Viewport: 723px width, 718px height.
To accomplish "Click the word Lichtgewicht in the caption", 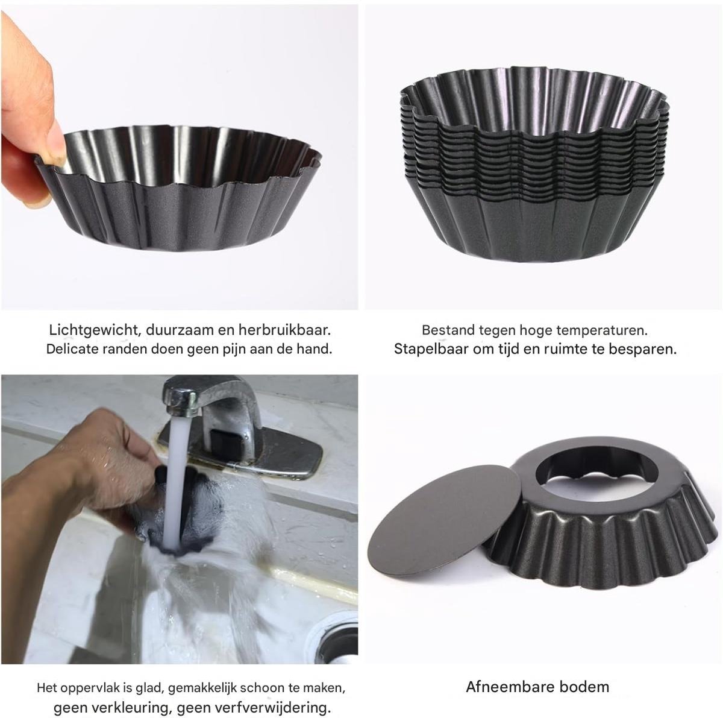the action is pyautogui.click(x=95, y=330).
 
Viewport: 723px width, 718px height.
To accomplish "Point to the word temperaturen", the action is pyautogui.click(x=602, y=331).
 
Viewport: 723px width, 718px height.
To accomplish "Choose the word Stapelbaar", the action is pyautogui.click(x=431, y=349).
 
